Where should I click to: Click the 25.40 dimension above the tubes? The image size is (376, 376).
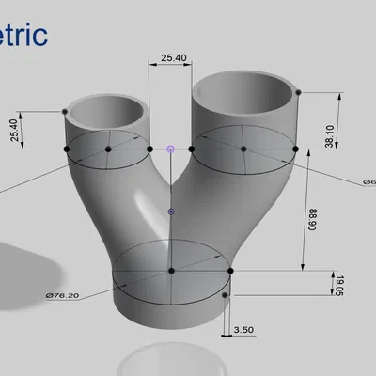click(x=173, y=58)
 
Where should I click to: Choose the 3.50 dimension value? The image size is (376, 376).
click(x=243, y=330)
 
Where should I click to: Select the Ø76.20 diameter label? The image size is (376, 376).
click(x=61, y=296)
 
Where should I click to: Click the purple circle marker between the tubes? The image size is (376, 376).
click(x=170, y=149)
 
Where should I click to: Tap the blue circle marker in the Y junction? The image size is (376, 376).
click(x=170, y=211)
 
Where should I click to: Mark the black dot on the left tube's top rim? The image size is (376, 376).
click(x=65, y=112)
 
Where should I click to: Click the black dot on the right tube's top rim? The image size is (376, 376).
click(x=298, y=92)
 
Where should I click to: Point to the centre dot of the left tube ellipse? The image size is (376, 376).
click(x=108, y=149)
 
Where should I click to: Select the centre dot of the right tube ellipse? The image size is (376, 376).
click(x=243, y=149)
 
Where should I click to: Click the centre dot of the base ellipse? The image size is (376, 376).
click(x=171, y=271)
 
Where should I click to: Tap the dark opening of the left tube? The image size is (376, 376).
click(x=109, y=108)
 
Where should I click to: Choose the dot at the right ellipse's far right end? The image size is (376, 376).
click(x=295, y=149)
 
